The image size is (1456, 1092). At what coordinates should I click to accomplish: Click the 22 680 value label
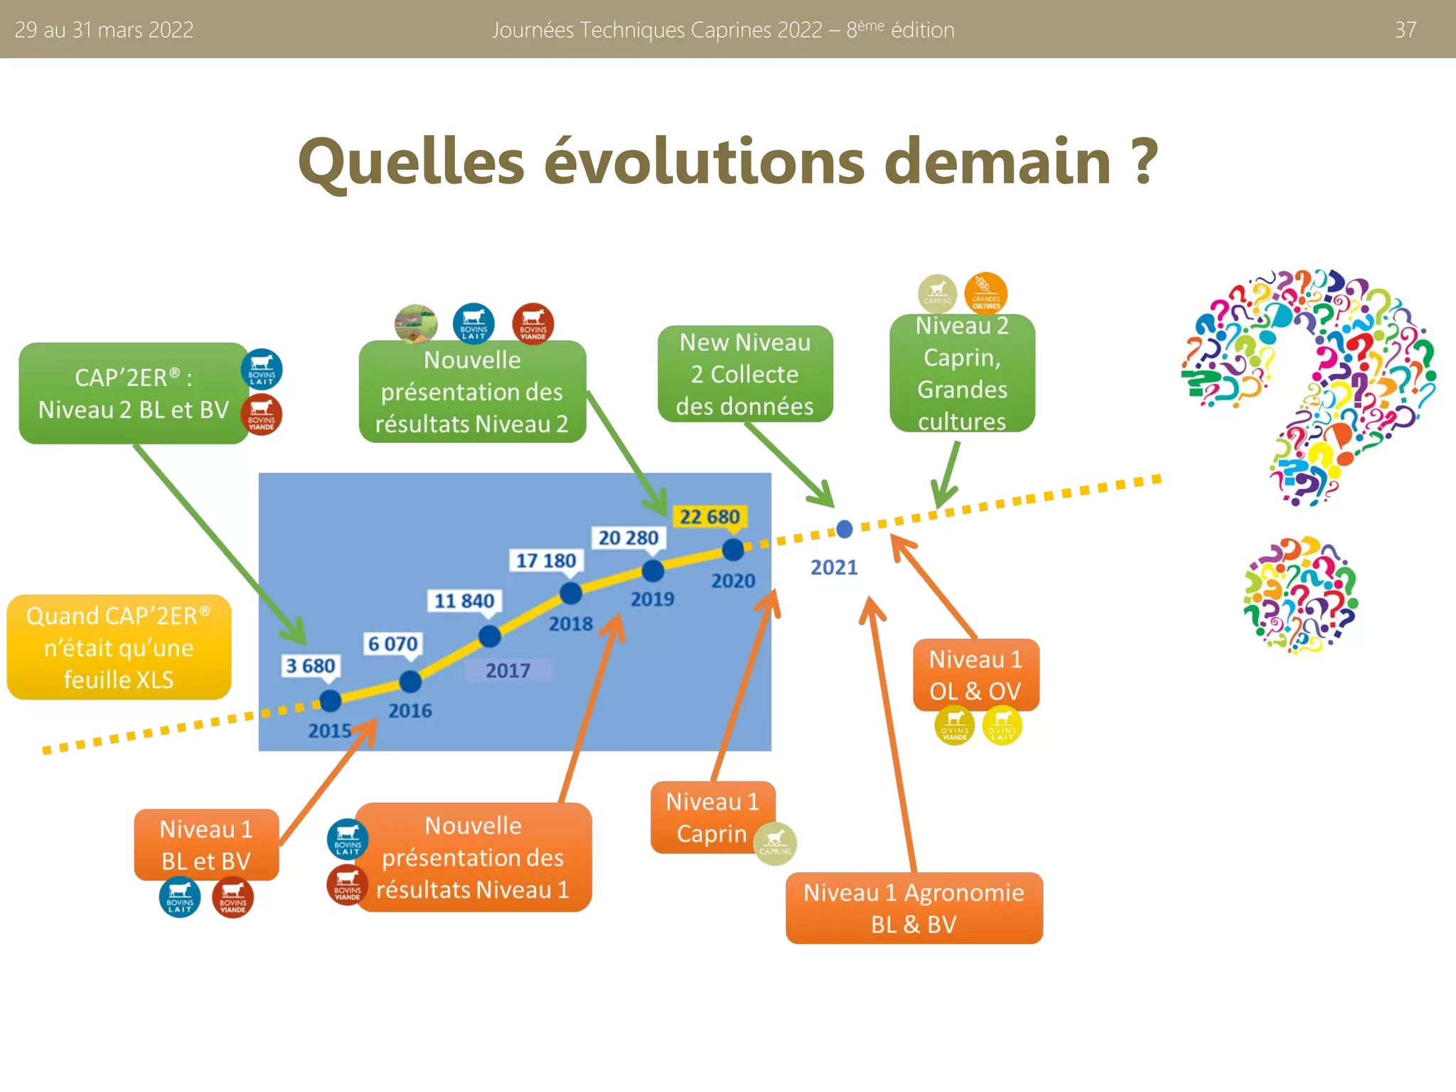[710, 517]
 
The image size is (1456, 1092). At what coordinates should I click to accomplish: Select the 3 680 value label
[310, 666]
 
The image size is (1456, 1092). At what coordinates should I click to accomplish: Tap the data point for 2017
[490, 636]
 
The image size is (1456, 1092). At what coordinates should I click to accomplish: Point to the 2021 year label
[834, 567]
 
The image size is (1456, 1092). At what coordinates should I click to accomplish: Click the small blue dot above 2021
[845, 529]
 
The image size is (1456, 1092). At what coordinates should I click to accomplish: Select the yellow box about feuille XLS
[119, 648]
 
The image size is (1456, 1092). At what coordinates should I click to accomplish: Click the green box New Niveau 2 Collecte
[744, 375]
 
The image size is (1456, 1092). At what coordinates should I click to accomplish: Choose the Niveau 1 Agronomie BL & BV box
[914, 908]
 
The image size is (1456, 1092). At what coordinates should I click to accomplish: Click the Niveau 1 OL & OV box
[975, 675]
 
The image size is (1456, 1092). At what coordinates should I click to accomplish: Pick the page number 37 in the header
[1406, 30]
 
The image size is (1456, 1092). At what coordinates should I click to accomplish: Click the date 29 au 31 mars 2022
[104, 30]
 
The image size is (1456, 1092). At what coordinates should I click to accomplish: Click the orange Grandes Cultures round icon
[986, 293]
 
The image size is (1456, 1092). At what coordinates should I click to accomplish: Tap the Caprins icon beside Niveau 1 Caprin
[775, 843]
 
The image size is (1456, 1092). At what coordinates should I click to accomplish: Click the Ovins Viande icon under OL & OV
[954, 726]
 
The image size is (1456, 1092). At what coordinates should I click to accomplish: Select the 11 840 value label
[464, 601]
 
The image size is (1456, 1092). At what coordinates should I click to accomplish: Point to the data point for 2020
[733, 550]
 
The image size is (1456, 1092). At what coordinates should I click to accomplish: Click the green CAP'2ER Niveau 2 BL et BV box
[134, 394]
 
